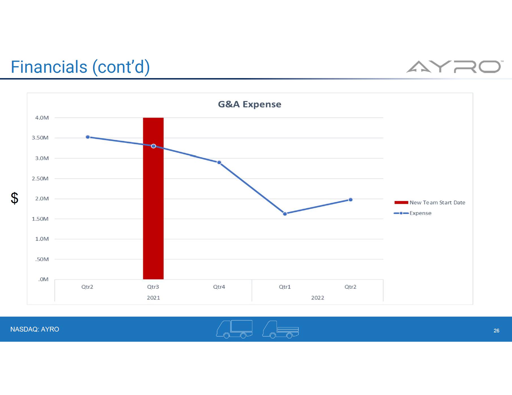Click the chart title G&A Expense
pos(250,104)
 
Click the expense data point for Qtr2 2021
pos(88,137)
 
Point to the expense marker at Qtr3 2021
pos(153,146)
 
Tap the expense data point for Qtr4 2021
pos(219,162)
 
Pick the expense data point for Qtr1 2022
pos(285,214)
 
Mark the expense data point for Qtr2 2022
pos(350,200)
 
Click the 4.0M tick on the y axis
pos(42,118)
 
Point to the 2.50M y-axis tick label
pos(40,178)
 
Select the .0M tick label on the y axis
pos(43,279)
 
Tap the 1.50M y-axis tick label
pos(40,219)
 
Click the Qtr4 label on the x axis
pos(219,287)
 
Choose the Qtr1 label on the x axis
pos(285,287)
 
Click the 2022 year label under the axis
pos(318,298)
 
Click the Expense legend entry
pos(420,213)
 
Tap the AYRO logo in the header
pos(454,67)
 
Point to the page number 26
pos(496,331)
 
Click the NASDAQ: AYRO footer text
pos(35,329)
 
